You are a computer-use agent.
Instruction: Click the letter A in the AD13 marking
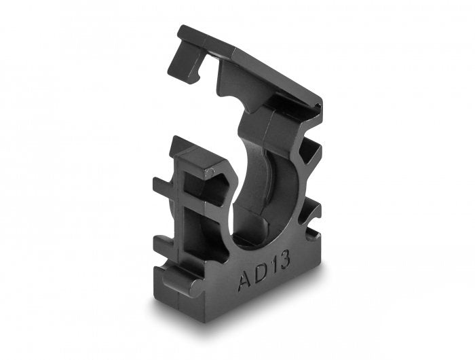[245, 281]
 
